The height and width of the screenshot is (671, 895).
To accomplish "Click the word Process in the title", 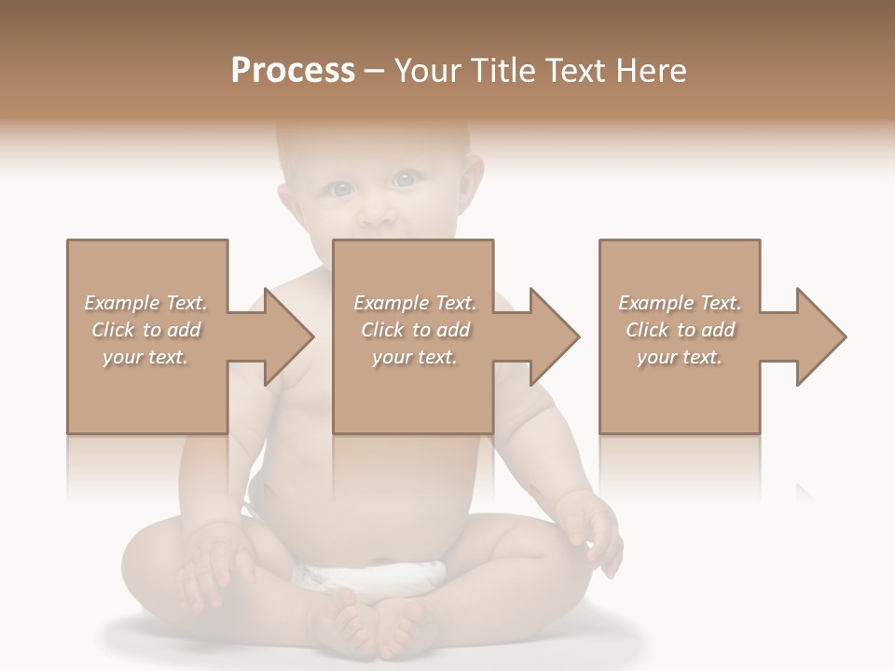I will point(293,71).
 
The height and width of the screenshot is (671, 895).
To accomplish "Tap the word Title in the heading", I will point(503,71).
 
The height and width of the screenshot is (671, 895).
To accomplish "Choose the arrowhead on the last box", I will point(815,336).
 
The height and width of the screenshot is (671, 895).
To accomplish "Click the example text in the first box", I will point(145,330).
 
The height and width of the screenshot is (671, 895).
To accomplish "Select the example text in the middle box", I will point(415,330).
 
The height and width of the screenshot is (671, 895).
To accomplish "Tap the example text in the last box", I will point(680,330).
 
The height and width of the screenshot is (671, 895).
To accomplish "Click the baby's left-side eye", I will point(341,189).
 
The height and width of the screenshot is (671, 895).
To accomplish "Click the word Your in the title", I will point(428,71).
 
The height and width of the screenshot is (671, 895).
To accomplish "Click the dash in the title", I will point(374,71).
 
